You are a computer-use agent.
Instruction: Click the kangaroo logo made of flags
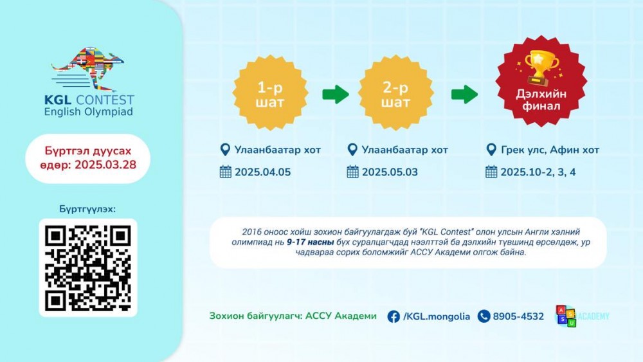pyautogui.click(x=88, y=69)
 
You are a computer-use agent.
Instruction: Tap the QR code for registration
pyautogui.click(x=87, y=268)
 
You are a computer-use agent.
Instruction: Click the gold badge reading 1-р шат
pyautogui.click(x=270, y=93)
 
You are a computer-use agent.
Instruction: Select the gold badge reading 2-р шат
pyautogui.click(x=395, y=93)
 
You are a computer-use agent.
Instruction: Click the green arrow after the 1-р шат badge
pyautogui.click(x=336, y=95)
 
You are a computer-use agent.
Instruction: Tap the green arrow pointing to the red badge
pyautogui.click(x=464, y=95)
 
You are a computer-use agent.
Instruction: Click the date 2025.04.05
pyautogui.click(x=262, y=172)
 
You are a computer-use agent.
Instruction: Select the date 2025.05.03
pyautogui.click(x=390, y=172)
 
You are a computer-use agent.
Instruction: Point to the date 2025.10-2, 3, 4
pyautogui.click(x=538, y=172)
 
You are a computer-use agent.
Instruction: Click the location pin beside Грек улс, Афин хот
pyautogui.click(x=491, y=150)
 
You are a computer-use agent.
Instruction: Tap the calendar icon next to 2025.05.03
pyautogui.click(x=352, y=172)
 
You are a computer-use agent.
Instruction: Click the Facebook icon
pyautogui.click(x=394, y=316)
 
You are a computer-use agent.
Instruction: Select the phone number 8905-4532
pyautogui.click(x=518, y=316)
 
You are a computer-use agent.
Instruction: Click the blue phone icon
pyautogui.click(x=484, y=316)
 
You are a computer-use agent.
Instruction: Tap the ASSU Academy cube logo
pyautogui.click(x=566, y=316)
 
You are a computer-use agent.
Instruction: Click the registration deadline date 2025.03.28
pyautogui.click(x=105, y=165)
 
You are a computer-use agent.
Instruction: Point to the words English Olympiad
pyautogui.click(x=89, y=112)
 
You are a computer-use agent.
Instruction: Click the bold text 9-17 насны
pyautogui.click(x=311, y=242)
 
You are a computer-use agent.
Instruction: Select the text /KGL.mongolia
pyautogui.click(x=437, y=316)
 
